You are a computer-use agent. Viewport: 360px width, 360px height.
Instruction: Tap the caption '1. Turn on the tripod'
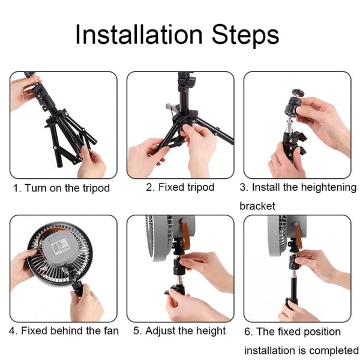coord(62,188)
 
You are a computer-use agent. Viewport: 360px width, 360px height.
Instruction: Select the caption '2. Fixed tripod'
coord(180,187)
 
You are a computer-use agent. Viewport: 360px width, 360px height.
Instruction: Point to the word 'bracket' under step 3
coord(257,206)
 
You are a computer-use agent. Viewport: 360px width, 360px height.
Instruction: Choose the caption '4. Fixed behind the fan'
coord(63,331)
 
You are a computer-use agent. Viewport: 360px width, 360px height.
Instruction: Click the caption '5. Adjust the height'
coord(179,331)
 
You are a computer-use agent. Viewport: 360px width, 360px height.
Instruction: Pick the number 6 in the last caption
coord(247,332)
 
